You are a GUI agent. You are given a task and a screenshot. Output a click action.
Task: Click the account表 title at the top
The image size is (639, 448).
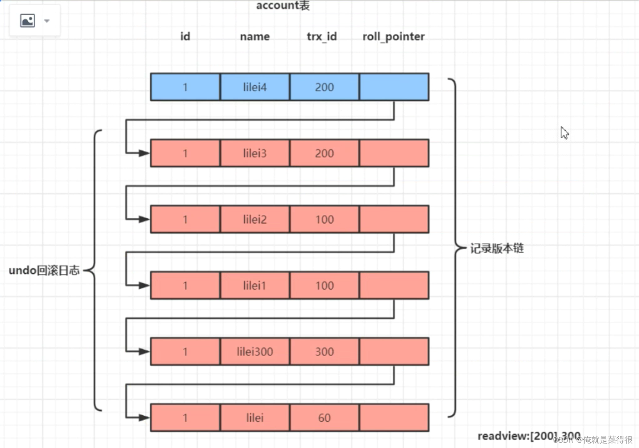(x=282, y=6)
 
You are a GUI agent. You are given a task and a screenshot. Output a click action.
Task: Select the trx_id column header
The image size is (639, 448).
(x=322, y=37)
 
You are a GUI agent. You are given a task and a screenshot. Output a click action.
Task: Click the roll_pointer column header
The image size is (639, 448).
(x=393, y=37)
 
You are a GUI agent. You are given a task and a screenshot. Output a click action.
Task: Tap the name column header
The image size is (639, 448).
(x=255, y=37)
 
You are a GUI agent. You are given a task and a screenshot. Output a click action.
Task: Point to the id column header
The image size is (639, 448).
(x=185, y=37)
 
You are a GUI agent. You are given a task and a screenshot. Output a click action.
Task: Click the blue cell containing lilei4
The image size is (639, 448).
(x=255, y=87)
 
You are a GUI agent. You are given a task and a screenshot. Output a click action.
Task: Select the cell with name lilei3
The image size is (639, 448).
(x=255, y=153)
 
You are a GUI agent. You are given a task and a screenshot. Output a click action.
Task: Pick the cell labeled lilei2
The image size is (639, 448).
(x=255, y=219)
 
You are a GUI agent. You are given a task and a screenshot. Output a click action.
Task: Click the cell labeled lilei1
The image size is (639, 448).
(x=255, y=286)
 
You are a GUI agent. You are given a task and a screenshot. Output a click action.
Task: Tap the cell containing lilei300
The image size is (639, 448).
(x=255, y=352)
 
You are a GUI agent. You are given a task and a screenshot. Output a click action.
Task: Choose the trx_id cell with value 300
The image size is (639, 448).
(x=324, y=352)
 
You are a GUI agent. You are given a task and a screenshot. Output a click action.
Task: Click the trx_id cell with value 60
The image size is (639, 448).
(x=324, y=418)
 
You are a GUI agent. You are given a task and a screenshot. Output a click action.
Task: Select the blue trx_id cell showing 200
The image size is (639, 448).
(x=324, y=87)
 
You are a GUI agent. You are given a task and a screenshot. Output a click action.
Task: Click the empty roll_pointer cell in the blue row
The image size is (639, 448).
(x=394, y=87)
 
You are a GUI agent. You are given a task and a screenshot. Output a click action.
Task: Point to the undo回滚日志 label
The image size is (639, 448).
(x=44, y=271)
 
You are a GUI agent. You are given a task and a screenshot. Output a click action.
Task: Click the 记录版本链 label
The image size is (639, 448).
(x=497, y=249)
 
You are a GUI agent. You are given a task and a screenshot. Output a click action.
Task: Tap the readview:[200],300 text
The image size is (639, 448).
(x=528, y=436)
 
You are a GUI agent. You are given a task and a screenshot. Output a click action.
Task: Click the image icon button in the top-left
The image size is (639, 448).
(x=27, y=20)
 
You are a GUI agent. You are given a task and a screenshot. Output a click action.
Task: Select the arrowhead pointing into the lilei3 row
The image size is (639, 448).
(x=144, y=153)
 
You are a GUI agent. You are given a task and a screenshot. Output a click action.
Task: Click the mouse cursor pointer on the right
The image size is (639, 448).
(x=564, y=133)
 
